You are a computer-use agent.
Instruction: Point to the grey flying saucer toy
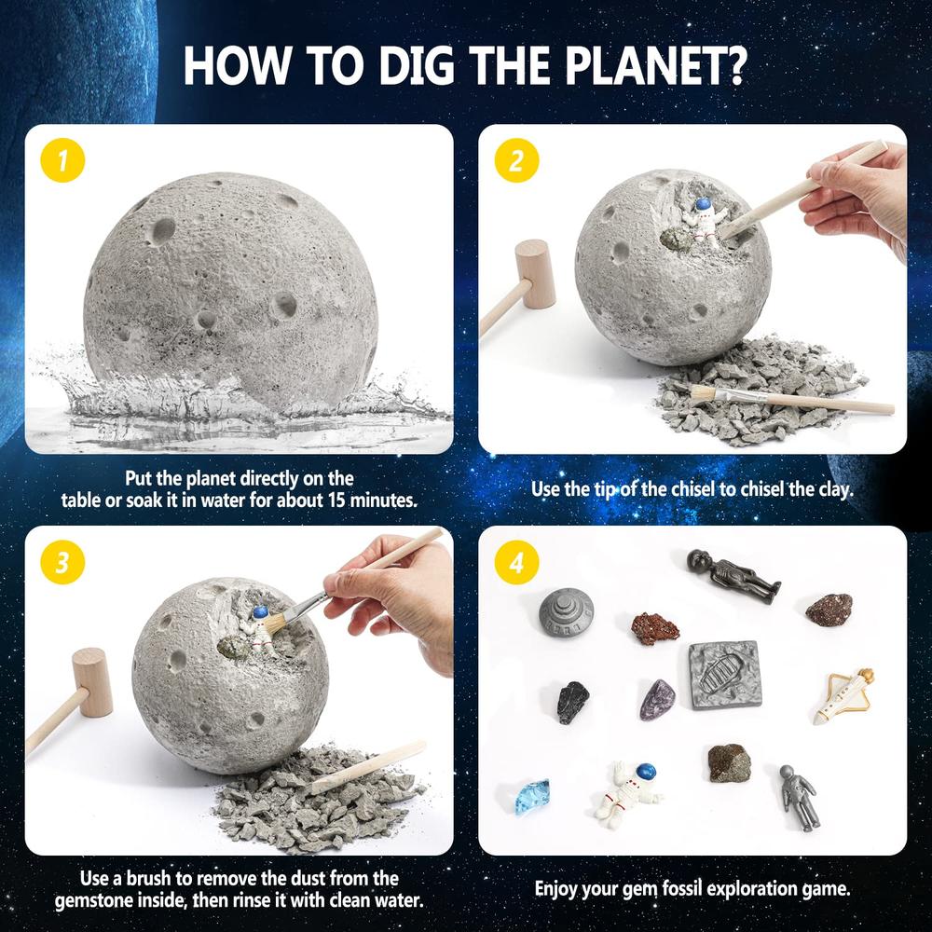[x=566, y=612]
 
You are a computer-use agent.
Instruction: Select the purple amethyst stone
[x=658, y=699]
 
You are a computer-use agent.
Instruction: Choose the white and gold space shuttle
[x=845, y=694]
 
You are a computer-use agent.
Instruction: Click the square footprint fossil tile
[x=726, y=674]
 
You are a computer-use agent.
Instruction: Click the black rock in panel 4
[x=573, y=702]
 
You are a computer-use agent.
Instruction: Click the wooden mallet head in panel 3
[x=92, y=681]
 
